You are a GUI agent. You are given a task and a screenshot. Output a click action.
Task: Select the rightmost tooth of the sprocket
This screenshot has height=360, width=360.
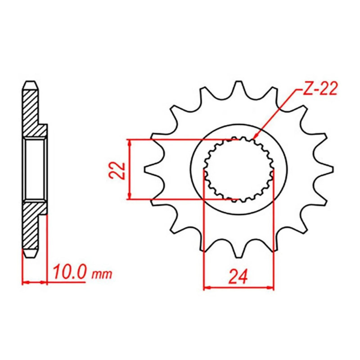(x=324, y=170)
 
